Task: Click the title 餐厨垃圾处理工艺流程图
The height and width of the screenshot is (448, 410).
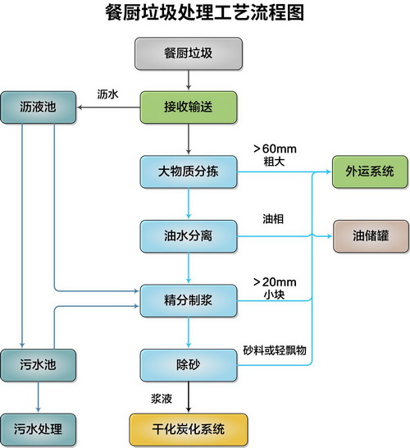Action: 204,12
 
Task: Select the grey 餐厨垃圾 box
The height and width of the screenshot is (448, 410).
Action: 189,53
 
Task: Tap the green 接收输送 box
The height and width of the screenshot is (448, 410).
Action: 189,107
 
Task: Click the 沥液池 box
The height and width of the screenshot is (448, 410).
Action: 39,107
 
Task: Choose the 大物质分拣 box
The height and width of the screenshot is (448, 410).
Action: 189,171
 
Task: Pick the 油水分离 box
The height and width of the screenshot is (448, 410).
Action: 189,236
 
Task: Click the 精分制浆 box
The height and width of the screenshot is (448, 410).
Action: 189,300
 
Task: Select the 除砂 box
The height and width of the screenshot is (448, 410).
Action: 189,365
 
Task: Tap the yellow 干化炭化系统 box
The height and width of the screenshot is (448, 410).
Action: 189,429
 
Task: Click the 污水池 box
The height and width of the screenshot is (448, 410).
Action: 39,365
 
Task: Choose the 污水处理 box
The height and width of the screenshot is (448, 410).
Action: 39,429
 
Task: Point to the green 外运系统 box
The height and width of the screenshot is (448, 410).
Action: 370,171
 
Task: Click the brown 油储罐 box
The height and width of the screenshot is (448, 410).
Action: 371,236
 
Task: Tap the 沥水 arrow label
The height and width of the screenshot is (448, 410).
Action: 107,94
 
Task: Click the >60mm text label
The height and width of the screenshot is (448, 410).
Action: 275,149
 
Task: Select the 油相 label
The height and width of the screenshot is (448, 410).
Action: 273,219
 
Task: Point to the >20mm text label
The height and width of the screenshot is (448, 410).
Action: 275,282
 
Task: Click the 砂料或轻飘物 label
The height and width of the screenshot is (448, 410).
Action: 275,350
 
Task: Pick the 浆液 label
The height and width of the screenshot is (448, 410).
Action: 162,399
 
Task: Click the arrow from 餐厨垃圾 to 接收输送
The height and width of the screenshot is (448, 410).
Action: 188,80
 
